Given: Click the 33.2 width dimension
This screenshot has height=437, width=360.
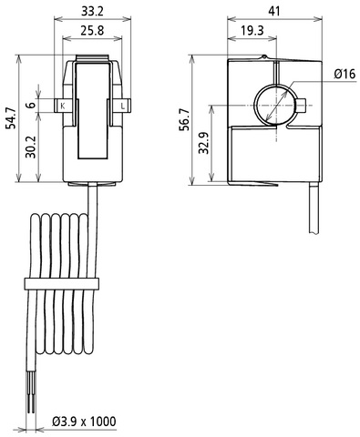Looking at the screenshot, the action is [92, 11].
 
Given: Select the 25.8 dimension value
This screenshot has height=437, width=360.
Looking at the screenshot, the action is [92, 30].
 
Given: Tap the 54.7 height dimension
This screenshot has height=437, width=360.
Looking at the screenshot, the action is [12, 118].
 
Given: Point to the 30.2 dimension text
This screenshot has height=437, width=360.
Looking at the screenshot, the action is [30, 147].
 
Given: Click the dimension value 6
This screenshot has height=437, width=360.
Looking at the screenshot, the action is [30, 106].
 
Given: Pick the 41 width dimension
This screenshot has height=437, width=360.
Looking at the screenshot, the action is [274, 11].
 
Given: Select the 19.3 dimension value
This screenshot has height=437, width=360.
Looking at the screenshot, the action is [252, 30].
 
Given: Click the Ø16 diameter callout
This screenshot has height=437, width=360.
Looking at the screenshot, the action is [345, 74].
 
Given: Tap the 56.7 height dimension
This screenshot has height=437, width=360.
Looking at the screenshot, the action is [185, 119].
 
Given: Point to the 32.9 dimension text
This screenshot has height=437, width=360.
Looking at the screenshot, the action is [204, 143].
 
